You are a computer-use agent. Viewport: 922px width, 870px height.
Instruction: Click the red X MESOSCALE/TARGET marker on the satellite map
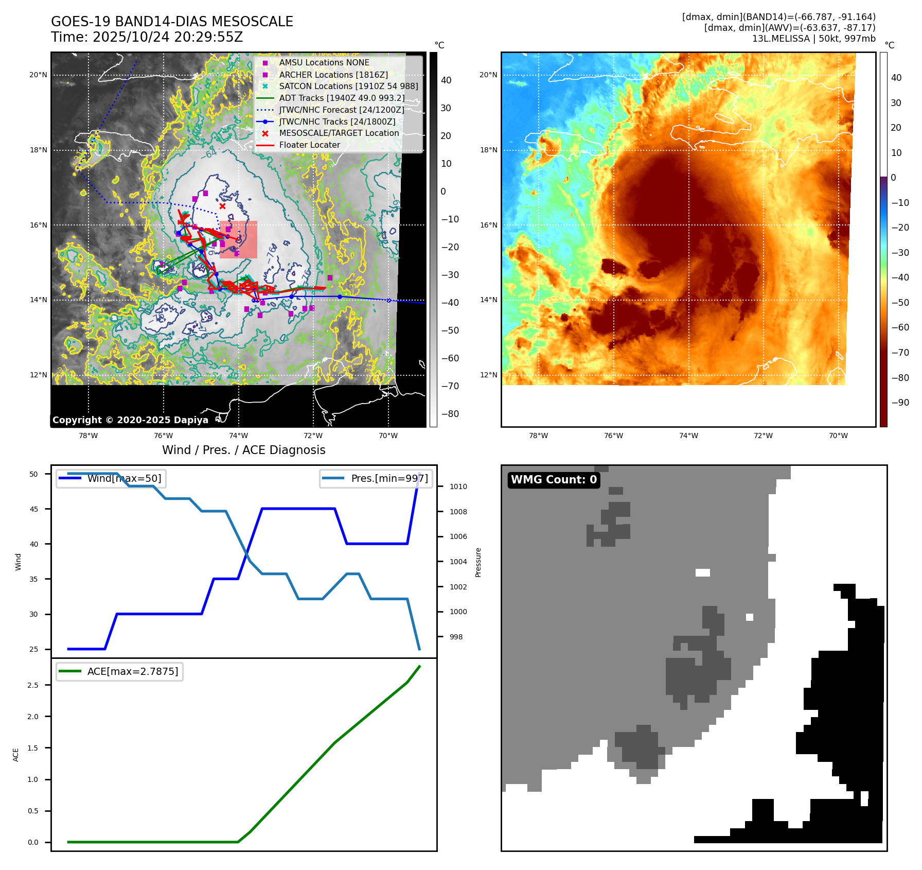click(x=222, y=206)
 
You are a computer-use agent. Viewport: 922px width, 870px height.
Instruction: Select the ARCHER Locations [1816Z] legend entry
click(x=333, y=75)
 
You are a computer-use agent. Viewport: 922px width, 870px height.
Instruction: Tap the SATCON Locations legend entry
click(x=348, y=86)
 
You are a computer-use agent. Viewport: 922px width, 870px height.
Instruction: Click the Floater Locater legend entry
click(x=309, y=145)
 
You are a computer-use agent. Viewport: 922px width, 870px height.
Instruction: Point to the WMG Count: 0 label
click(x=554, y=480)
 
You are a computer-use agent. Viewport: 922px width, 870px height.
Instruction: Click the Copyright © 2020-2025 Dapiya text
click(x=130, y=420)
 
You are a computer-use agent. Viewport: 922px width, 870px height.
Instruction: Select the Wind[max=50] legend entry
click(x=124, y=479)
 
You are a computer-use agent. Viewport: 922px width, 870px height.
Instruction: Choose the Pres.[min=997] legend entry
click(x=389, y=479)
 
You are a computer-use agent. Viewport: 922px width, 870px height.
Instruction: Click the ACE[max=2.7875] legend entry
click(x=133, y=671)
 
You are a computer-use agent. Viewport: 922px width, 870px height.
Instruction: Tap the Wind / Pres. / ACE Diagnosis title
click(x=244, y=450)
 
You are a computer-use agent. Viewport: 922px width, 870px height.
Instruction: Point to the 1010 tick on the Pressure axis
click(x=458, y=486)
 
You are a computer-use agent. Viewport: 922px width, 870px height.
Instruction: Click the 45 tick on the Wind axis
click(x=34, y=509)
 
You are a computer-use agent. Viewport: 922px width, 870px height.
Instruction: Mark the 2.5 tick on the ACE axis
click(x=33, y=685)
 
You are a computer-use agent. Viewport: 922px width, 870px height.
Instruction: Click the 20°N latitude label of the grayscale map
click(x=38, y=75)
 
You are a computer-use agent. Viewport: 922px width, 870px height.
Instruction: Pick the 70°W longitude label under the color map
click(x=838, y=436)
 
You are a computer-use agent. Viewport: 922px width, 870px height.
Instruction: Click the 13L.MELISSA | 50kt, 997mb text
click(x=813, y=39)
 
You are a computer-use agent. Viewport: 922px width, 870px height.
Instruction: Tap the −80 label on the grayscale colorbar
click(x=450, y=414)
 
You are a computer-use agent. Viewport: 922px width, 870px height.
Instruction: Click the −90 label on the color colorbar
click(x=900, y=403)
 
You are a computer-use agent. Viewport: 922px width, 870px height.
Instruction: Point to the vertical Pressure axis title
click(x=478, y=562)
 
